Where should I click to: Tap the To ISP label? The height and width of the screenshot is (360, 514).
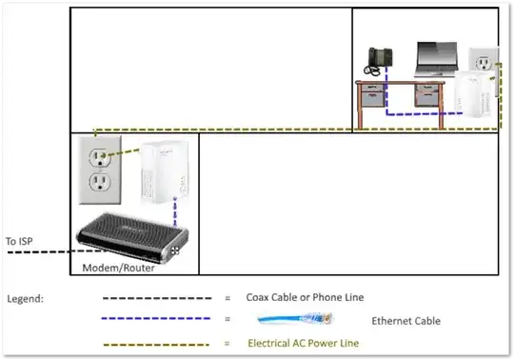22,241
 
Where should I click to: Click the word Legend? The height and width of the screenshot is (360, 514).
27,298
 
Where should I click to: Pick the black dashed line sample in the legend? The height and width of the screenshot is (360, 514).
158,298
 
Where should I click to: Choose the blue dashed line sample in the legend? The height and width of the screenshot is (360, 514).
158,321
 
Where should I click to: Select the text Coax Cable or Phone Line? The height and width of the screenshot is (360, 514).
305,298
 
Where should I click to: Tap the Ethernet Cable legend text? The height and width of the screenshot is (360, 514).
405,321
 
